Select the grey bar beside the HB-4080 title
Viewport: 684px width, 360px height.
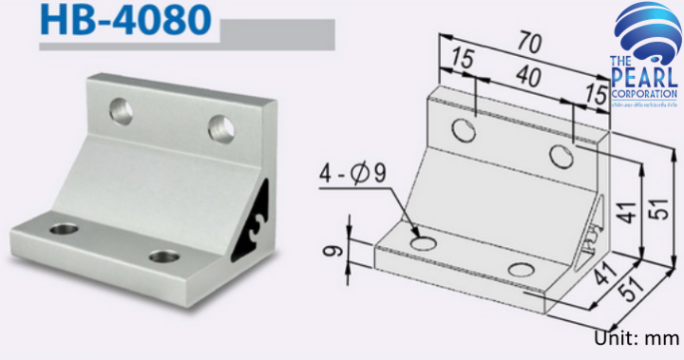click(275, 36)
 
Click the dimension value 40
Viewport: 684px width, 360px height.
click(525, 74)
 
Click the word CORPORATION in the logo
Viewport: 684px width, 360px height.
click(646, 95)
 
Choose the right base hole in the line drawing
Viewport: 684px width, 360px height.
click(521, 270)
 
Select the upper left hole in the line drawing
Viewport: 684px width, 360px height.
click(464, 129)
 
